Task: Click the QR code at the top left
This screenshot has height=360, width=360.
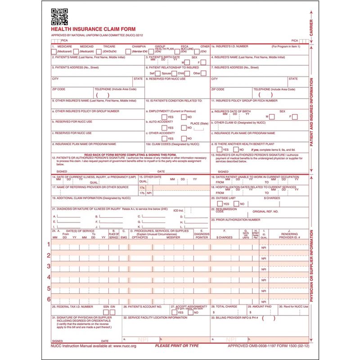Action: (59, 17)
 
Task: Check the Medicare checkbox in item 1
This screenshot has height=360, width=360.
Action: (54, 52)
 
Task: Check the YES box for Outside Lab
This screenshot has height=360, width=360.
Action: (220, 204)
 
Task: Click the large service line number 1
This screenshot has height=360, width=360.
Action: (49, 244)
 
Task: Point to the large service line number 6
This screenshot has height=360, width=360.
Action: (49, 299)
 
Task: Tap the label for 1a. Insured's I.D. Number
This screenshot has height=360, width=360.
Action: (231, 46)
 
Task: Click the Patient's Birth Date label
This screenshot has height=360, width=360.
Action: (163, 57)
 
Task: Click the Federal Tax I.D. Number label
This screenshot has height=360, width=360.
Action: (72, 306)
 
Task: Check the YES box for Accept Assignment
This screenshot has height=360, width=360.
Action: (174, 312)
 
